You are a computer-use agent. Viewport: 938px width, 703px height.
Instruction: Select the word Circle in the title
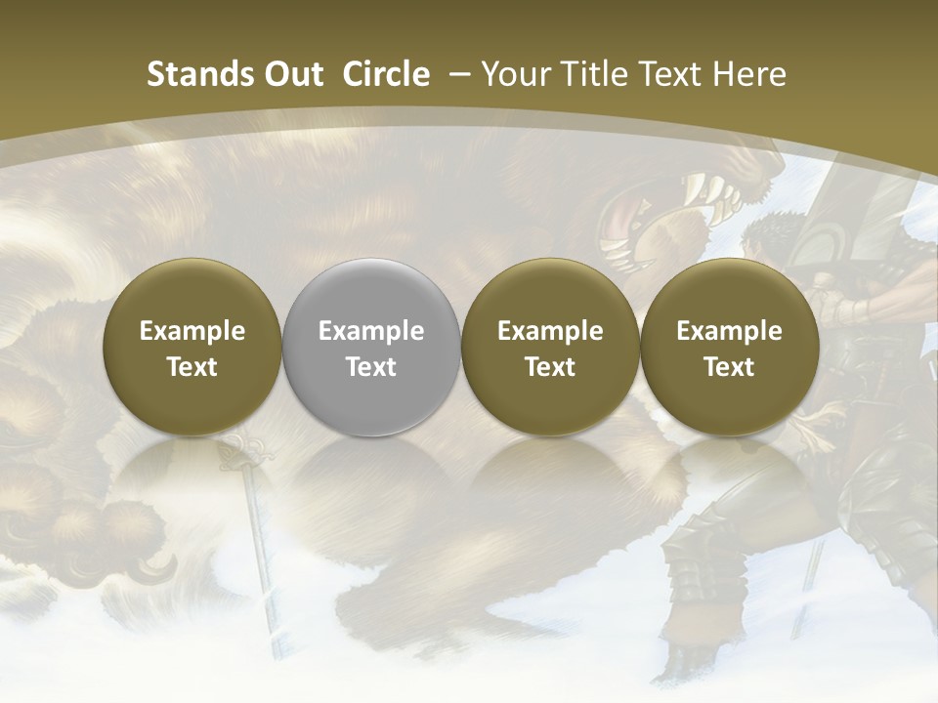click(x=385, y=74)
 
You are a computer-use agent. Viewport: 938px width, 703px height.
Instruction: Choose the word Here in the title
click(x=749, y=74)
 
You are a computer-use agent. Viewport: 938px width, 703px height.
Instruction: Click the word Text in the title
click(x=672, y=74)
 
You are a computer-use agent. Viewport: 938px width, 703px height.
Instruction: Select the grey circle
click(x=371, y=348)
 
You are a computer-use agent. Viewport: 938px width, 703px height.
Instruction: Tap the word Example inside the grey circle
click(x=371, y=331)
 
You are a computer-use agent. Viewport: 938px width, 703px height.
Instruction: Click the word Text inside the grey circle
click(x=371, y=367)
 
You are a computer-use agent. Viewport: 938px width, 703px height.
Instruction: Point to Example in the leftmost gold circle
click(x=192, y=331)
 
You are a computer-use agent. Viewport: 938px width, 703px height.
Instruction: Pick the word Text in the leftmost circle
click(x=192, y=367)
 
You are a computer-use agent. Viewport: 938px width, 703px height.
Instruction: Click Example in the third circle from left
click(x=550, y=331)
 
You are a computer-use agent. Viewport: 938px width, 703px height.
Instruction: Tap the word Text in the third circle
click(x=550, y=367)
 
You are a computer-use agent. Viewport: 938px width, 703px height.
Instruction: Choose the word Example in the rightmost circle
click(x=729, y=331)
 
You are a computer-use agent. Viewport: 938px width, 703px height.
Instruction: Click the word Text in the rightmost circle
click(x=729, y=367)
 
